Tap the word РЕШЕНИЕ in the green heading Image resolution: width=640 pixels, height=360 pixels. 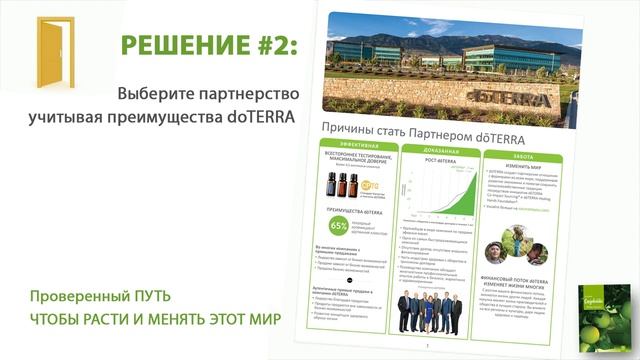(x=180, y=46)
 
